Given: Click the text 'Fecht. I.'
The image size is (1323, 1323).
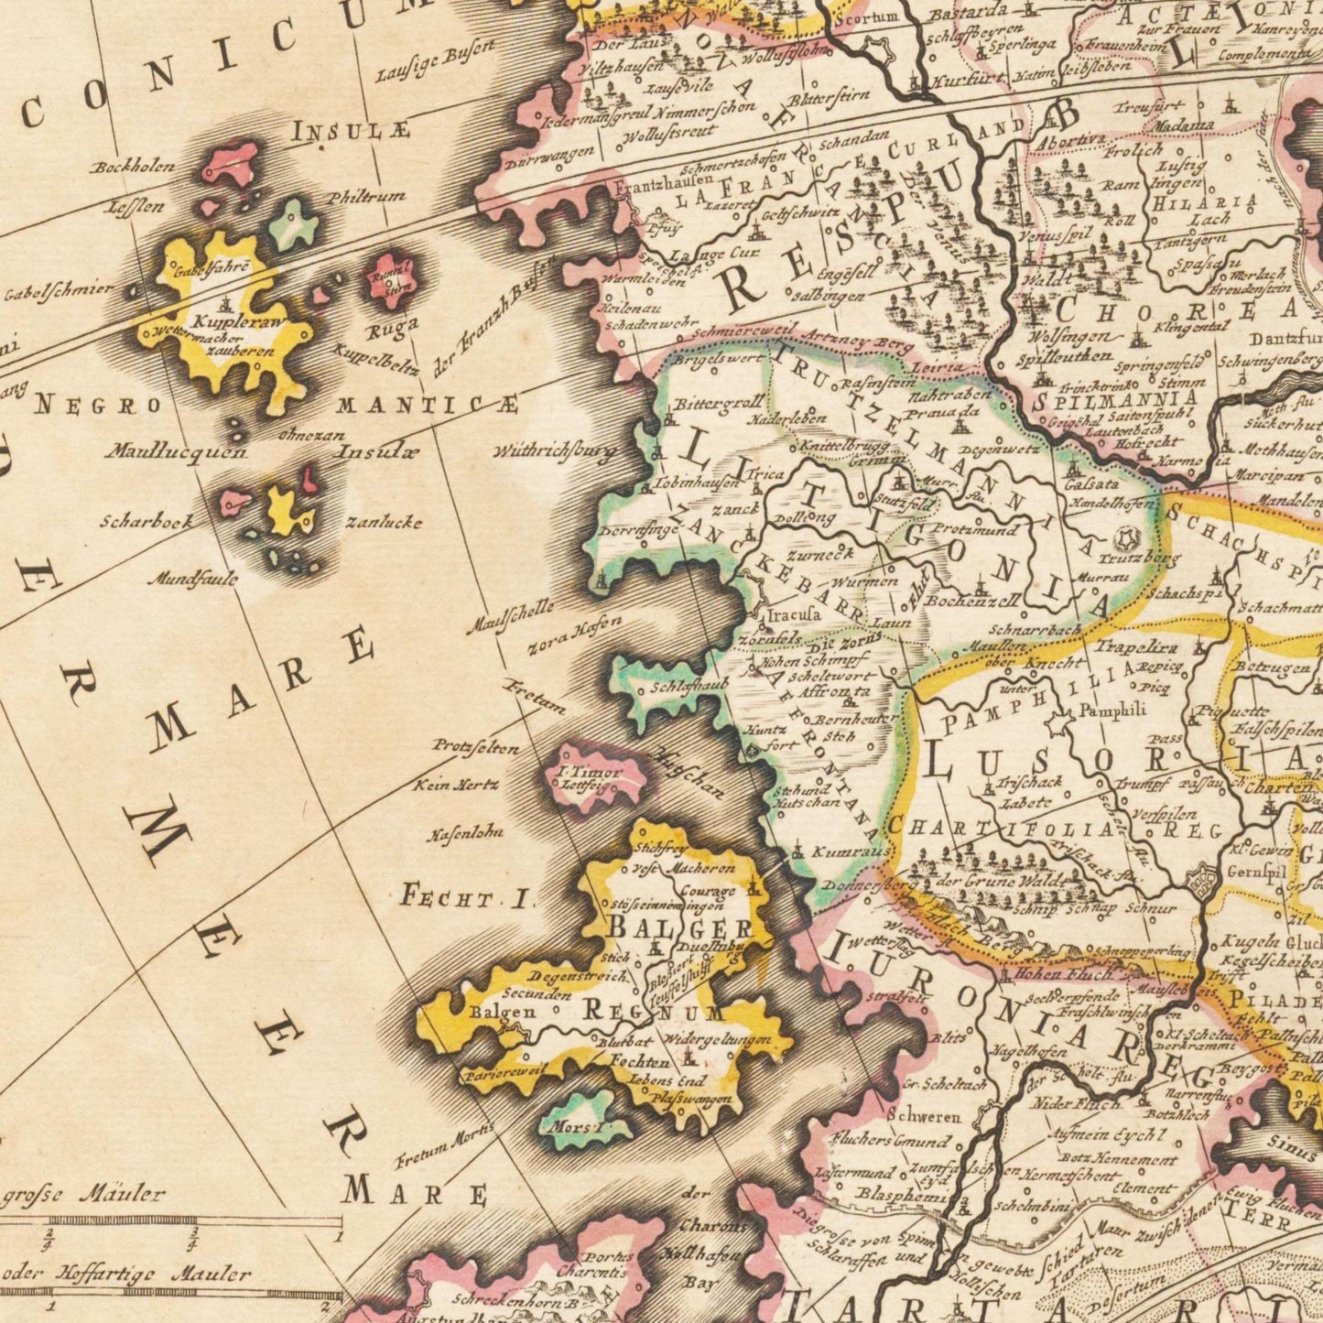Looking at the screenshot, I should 467,898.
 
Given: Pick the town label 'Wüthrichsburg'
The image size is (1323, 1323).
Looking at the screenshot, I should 555,451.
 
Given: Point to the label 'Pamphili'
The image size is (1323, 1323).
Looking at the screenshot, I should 1112,710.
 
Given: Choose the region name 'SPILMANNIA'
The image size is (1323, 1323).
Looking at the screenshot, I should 1114,400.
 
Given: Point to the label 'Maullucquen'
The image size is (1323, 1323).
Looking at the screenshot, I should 176,451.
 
